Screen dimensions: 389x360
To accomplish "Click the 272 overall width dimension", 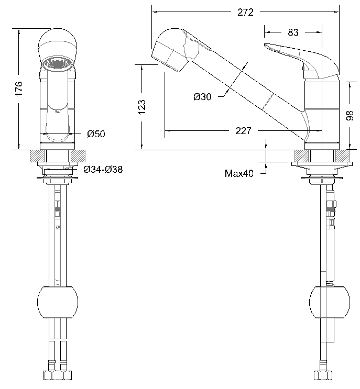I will (x=245, y=13).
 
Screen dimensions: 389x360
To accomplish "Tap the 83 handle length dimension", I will (x=293, y=32).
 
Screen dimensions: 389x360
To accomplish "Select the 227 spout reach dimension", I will (x=243, y=131).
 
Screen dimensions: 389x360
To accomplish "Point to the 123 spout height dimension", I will (x=142, y=106).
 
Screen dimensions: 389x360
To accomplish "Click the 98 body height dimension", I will (x=351, y=115).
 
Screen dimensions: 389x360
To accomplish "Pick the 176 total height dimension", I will (x=19, y=88).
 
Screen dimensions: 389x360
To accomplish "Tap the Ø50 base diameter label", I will (x=96, y=134).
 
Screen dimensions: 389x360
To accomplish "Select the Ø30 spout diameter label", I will (x=202, y=97).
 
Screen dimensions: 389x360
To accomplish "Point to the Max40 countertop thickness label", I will (x=239, y=174).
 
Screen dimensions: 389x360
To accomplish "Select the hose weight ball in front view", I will (x=58, y=303).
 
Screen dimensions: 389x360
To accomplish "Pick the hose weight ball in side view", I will (x=330, y=303).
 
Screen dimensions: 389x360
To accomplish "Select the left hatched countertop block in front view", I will (x=38, y=156).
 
